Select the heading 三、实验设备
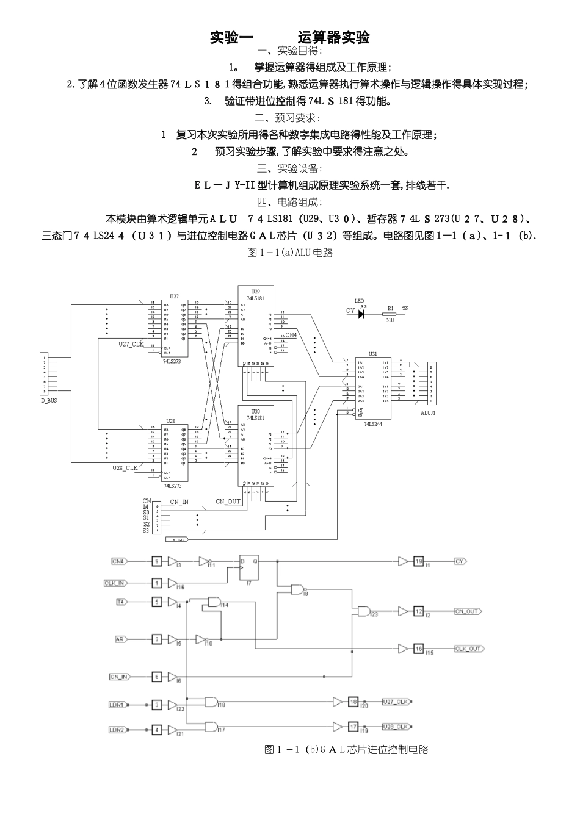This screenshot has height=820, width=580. point(289,168)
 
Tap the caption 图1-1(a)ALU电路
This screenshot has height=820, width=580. point(289,253)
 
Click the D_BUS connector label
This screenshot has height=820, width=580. point(49,400)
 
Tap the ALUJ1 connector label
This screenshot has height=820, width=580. point(428,412)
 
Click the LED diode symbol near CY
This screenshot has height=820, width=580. point(361,314)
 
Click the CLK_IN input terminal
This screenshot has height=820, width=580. point(115,583)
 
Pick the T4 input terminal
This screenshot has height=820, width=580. point(120,602)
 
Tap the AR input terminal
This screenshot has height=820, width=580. point(120,639)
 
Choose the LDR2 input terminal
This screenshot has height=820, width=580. point(117,730)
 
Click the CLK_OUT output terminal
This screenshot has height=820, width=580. point(469,649)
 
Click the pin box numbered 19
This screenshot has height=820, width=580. point(418,561)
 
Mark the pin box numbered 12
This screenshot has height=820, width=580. point(418,611)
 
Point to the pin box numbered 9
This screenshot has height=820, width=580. point(157,561)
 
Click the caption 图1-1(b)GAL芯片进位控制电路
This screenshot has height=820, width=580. point(346,749)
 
